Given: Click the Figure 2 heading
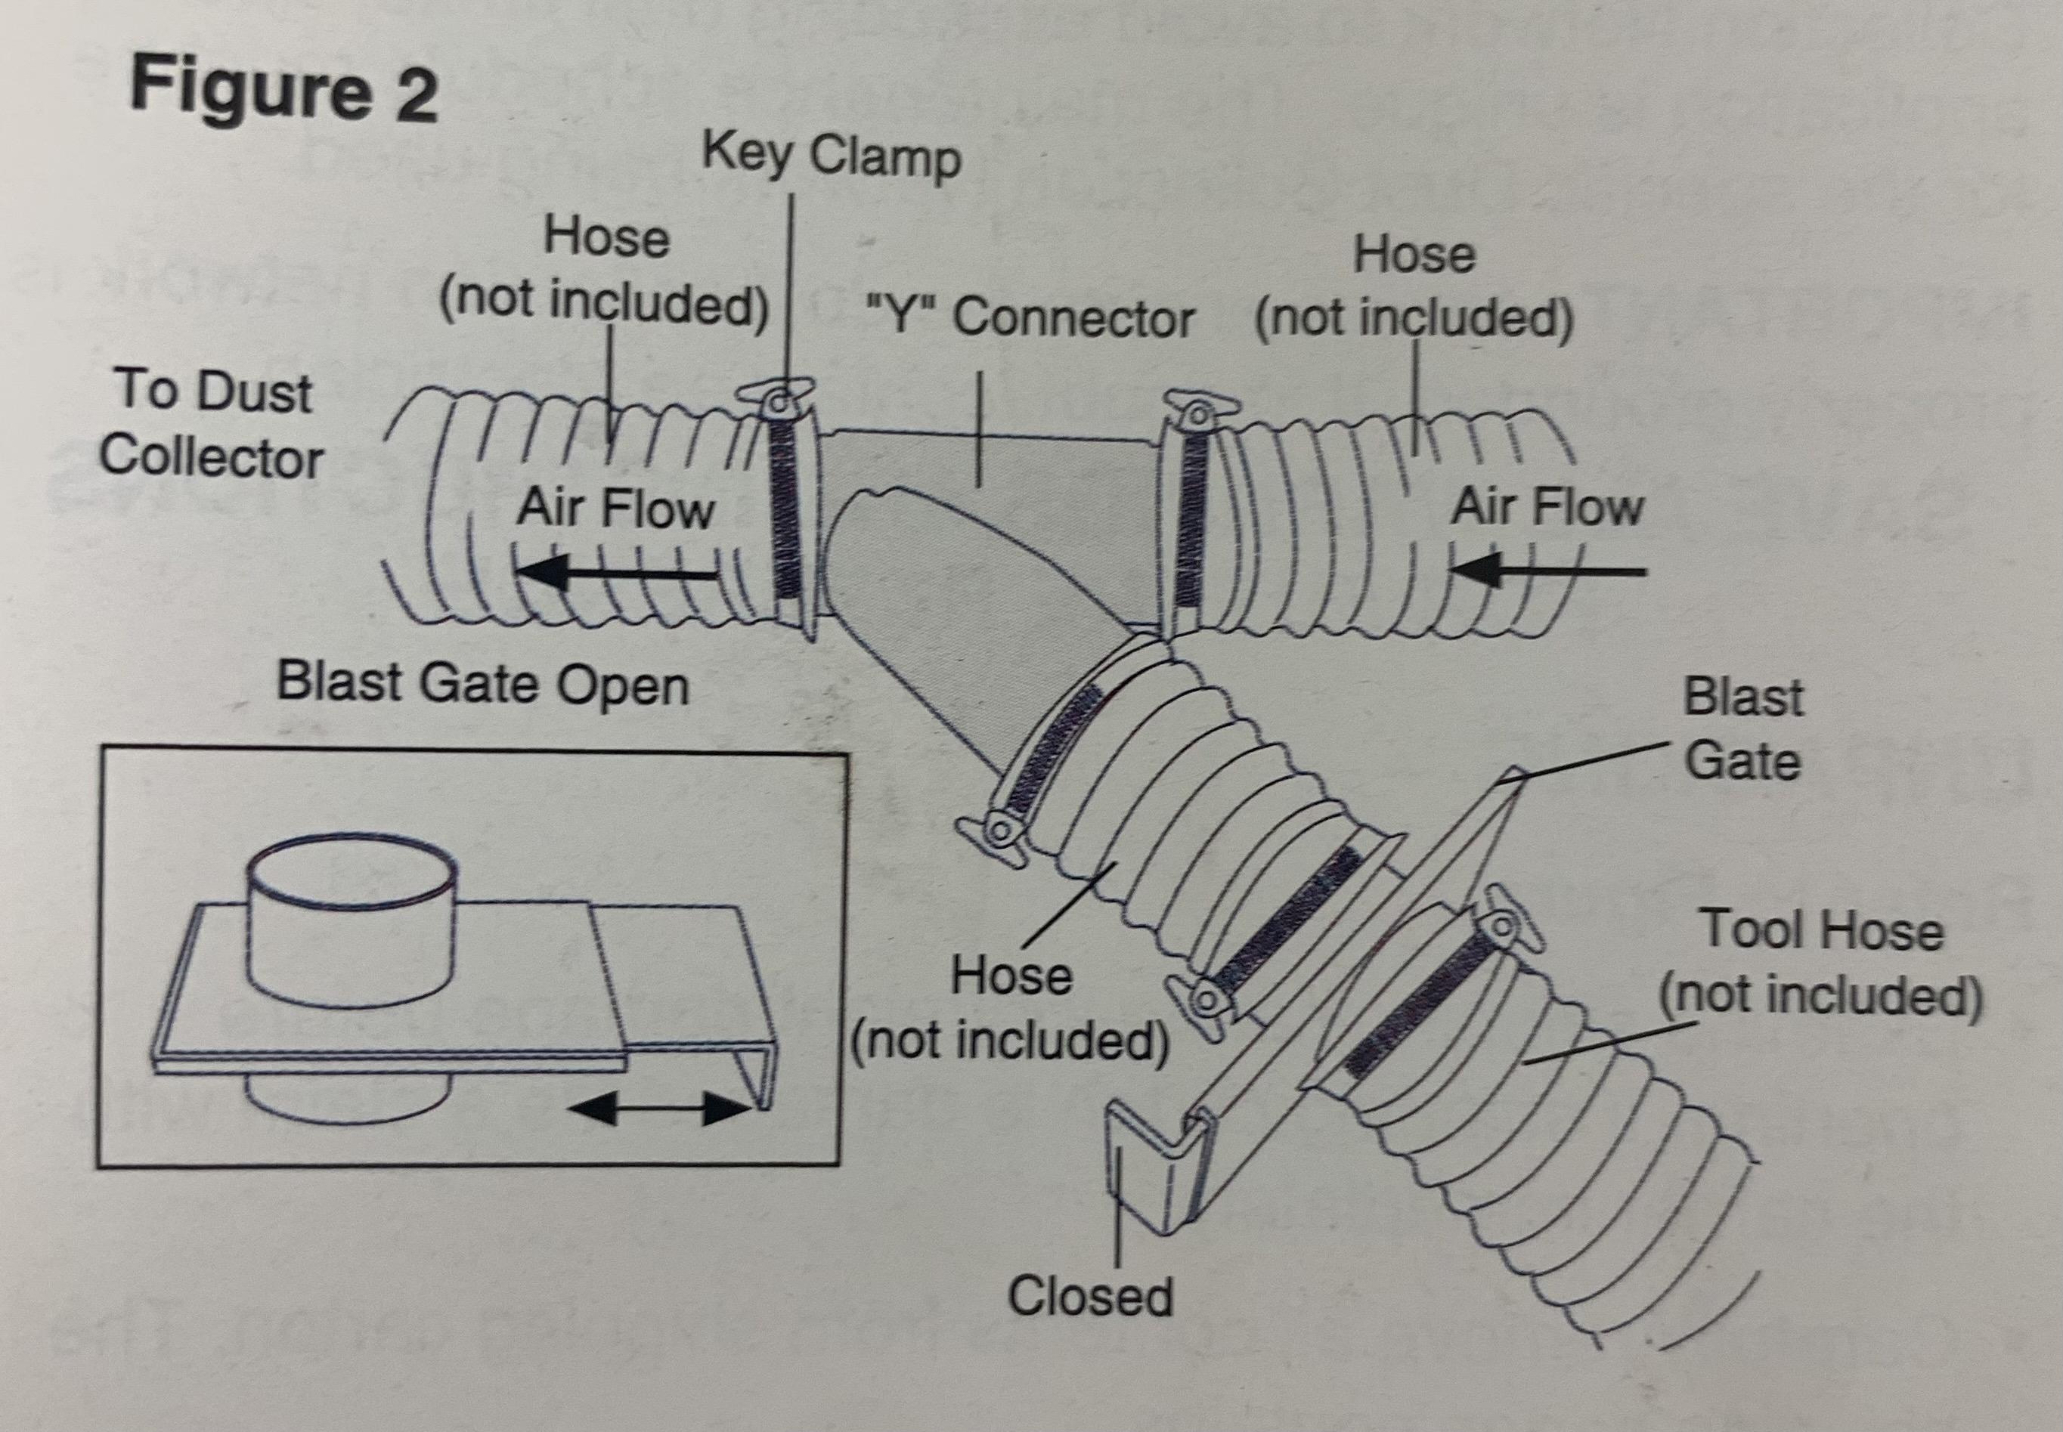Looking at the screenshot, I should point(283,89).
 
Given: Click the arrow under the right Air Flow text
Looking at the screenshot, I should point(1548,569).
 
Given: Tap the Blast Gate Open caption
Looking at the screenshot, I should point(483,684).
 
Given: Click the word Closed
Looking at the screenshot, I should point(1089,1296).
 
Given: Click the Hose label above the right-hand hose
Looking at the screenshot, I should point(1414,255).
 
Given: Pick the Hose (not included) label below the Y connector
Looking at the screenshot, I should point(1011,1010).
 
